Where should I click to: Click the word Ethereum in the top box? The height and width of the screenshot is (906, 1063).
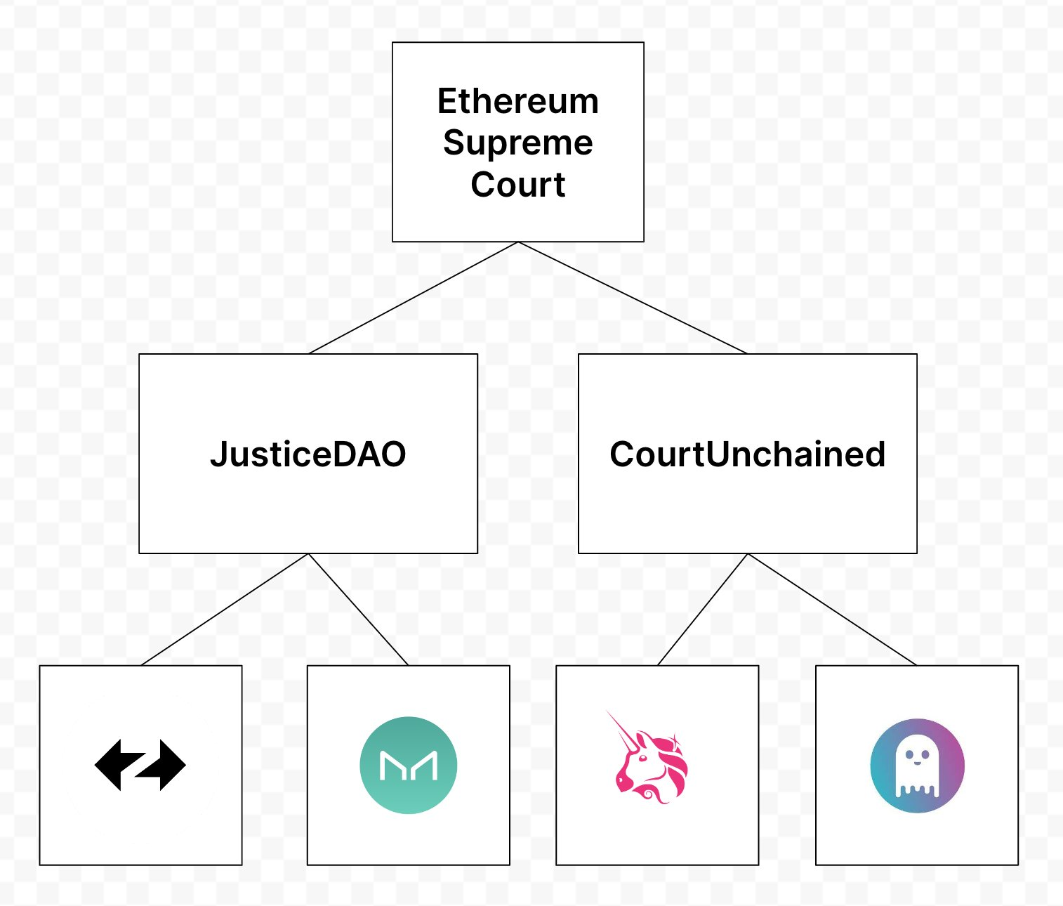tap(518, 102)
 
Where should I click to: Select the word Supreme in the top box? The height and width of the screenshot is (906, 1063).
tap(518, 143)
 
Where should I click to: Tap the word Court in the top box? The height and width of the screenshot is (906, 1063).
tap(518, 185)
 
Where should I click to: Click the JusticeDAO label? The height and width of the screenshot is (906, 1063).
tap(308, 454)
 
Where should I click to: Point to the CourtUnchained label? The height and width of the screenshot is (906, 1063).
tap(747, 454)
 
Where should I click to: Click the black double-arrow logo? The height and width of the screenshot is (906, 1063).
tap(140, 765)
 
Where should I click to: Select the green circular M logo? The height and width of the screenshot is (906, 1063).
tap(408, 765)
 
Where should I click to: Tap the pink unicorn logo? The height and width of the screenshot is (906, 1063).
tap(649, 762)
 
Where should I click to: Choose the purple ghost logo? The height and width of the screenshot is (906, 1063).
tap(917, 766)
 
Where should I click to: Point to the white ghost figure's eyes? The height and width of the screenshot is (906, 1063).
tap(917, 756)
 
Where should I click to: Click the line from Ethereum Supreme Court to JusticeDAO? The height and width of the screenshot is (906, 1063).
tap(413, 298)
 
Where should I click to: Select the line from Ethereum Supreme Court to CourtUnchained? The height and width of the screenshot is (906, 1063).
tap(632, 298)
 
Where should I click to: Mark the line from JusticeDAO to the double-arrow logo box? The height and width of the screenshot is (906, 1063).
tap(225, 610)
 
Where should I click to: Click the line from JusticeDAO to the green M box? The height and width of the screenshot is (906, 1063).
tap(358, 610)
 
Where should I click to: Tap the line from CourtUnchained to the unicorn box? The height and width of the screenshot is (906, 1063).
tap(702, 610)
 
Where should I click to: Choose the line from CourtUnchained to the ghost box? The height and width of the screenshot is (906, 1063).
tap(832, 610)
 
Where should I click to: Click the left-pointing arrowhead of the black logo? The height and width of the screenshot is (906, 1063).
tap(109, 764)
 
